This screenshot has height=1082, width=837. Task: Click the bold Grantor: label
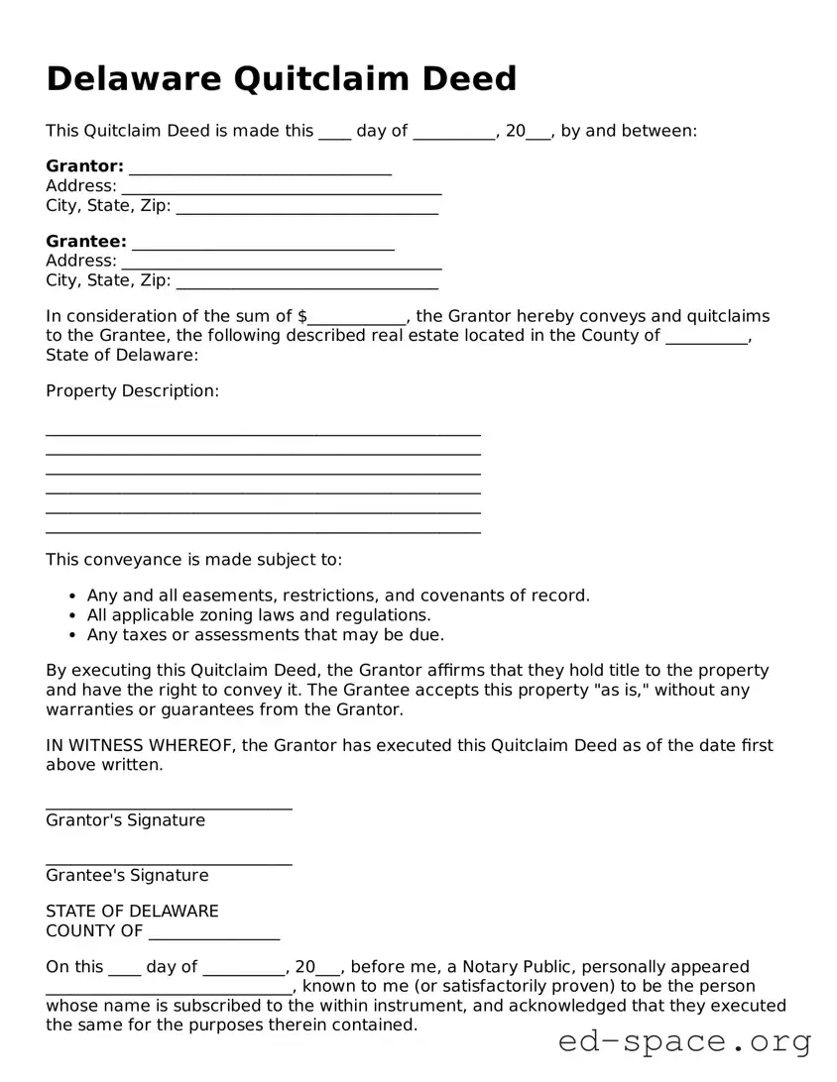pyautogui.click(x=84, y=166)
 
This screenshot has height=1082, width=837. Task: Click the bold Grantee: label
pyautogui.click(x=86, y=242)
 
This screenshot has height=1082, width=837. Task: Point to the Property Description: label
pyautogui.click(x=132, y=391)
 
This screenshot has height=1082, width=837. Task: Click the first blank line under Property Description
pyautogui.click(x=263, y=433)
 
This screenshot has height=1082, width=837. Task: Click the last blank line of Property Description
pyautogui.click(x=263, y=532)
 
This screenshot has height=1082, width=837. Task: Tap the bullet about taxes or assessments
pyautogui.click(x=265, y=635)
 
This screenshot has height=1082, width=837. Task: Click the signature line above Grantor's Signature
pyautogui.click(x=169, y=808)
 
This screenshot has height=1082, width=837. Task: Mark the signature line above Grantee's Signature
pyautogui.click(x=169, y=863)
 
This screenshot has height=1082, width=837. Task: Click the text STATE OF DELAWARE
pyautogui.click(x=132, y=912)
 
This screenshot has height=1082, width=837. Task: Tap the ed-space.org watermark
pyautogui.click(x=684, y=1042)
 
